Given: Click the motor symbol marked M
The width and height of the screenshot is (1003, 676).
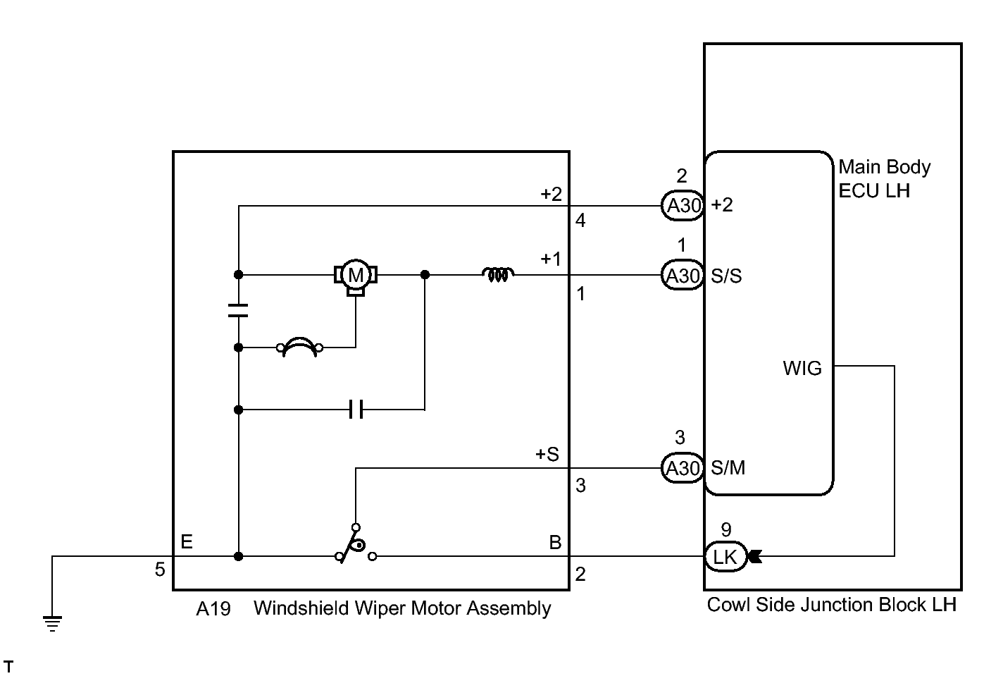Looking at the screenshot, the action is point(356,276).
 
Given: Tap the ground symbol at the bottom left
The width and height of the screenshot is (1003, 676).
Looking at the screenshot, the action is point(52,623).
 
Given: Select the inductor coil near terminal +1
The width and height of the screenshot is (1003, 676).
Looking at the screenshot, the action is point(498,274).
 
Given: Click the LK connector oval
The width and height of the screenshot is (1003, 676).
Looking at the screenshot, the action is point(725,557).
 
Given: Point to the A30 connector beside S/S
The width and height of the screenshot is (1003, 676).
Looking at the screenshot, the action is point(683,275).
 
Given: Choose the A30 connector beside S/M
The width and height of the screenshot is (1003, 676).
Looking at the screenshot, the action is point(683,467).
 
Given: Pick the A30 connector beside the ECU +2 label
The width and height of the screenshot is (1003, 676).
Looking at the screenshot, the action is point(683,205).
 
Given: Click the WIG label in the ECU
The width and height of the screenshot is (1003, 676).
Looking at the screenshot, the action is point(802,368).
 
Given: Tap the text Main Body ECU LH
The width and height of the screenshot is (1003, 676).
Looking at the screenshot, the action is point(885,179).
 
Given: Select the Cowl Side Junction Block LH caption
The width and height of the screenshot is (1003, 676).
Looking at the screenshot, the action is point(832,605).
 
